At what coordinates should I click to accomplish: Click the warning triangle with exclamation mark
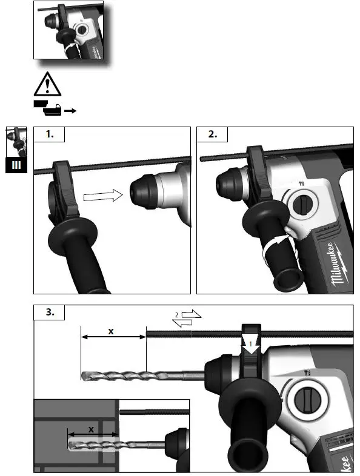(x=47, y=84)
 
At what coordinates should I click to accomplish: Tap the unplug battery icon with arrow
(x=55, y=108)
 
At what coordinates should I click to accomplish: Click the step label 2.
(x=213, y=135)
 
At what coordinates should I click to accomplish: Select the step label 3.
(x=52, y=313)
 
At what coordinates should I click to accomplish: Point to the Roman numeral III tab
(x=16, y=165)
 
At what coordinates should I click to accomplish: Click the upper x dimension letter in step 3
(x=111, y=331)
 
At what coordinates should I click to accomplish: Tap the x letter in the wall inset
(x=91, y=429)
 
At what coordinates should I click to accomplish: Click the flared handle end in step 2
(x=288, y=279)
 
